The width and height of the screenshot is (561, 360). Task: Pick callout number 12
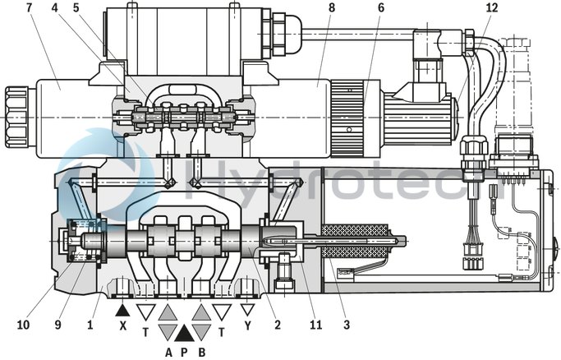click(x=491, y=8)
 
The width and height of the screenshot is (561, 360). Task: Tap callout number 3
click(x=347, y=325)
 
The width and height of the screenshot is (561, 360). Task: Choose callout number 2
click(x=278, y=325)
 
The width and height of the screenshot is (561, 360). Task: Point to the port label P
click(x=184, y=351)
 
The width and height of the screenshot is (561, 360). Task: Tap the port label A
click(x=168, y=351)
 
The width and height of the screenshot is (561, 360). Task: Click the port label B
click(x=202, y=351)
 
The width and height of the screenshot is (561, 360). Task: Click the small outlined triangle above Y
click(x=248, y=310)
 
